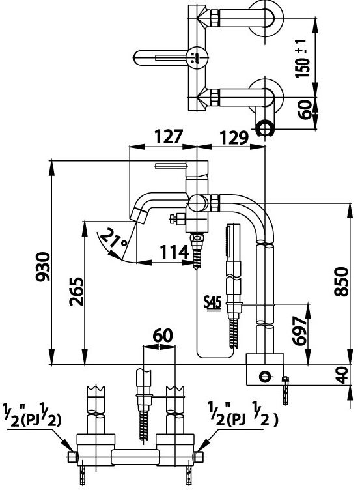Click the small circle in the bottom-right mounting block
pos(264,375)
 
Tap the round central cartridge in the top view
pos(195,57)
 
